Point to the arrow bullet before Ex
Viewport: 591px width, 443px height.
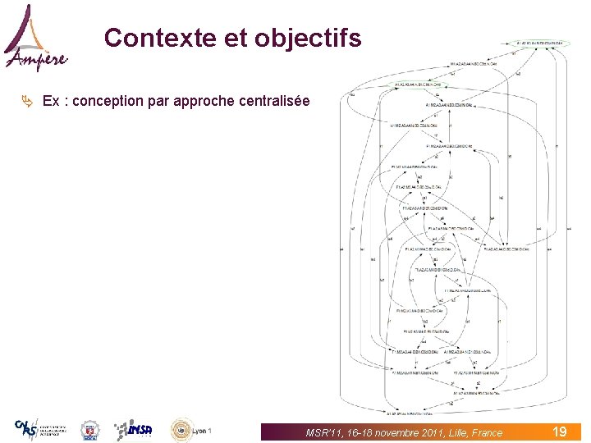28,101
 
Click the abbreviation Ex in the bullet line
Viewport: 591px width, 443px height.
50,102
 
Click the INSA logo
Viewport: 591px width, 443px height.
133,429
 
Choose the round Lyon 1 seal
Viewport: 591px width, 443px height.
181,429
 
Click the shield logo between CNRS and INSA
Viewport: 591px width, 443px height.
89,430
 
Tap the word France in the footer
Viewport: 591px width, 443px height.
487,432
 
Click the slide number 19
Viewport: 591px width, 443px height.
560,432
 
